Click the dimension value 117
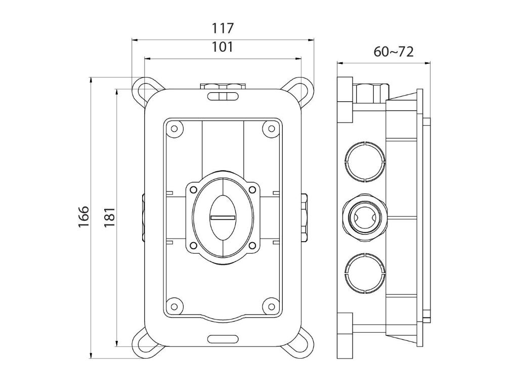tap(223, 28)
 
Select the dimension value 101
tap(223, 47)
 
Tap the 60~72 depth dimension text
tap(394, 52)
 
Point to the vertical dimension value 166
tap(84, 217)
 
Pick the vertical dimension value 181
tap(110, 217)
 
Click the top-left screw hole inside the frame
tap(174, 128)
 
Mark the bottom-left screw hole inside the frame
tap(174, 306)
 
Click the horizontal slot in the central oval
tap(223, 218)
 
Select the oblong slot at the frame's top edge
tap(223, 96)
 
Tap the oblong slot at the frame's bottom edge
tap(223, 338)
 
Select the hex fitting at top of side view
tap(369, 93)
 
